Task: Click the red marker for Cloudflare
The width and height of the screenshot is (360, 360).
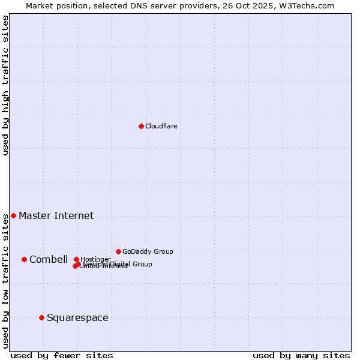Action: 141,126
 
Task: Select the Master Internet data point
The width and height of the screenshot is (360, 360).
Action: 13,215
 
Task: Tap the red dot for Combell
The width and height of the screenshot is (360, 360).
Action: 24,259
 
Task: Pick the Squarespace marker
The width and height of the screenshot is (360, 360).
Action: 41,317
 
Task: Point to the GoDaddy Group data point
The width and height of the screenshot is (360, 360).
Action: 118,251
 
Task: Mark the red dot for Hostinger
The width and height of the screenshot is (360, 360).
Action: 76,259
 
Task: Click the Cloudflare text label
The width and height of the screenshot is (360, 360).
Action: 161,126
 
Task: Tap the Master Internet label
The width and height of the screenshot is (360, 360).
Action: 56,216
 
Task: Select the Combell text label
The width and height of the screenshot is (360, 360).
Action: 49,260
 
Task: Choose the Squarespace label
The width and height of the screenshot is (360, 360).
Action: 77,318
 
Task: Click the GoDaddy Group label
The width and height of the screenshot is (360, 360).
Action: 148,252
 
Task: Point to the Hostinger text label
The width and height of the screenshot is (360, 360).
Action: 95,259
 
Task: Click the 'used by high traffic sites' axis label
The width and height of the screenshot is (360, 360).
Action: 5,85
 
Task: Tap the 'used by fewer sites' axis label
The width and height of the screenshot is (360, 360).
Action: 62,356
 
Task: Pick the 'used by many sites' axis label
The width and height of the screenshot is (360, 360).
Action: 301,356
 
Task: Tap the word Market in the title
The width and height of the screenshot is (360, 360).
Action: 38,5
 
